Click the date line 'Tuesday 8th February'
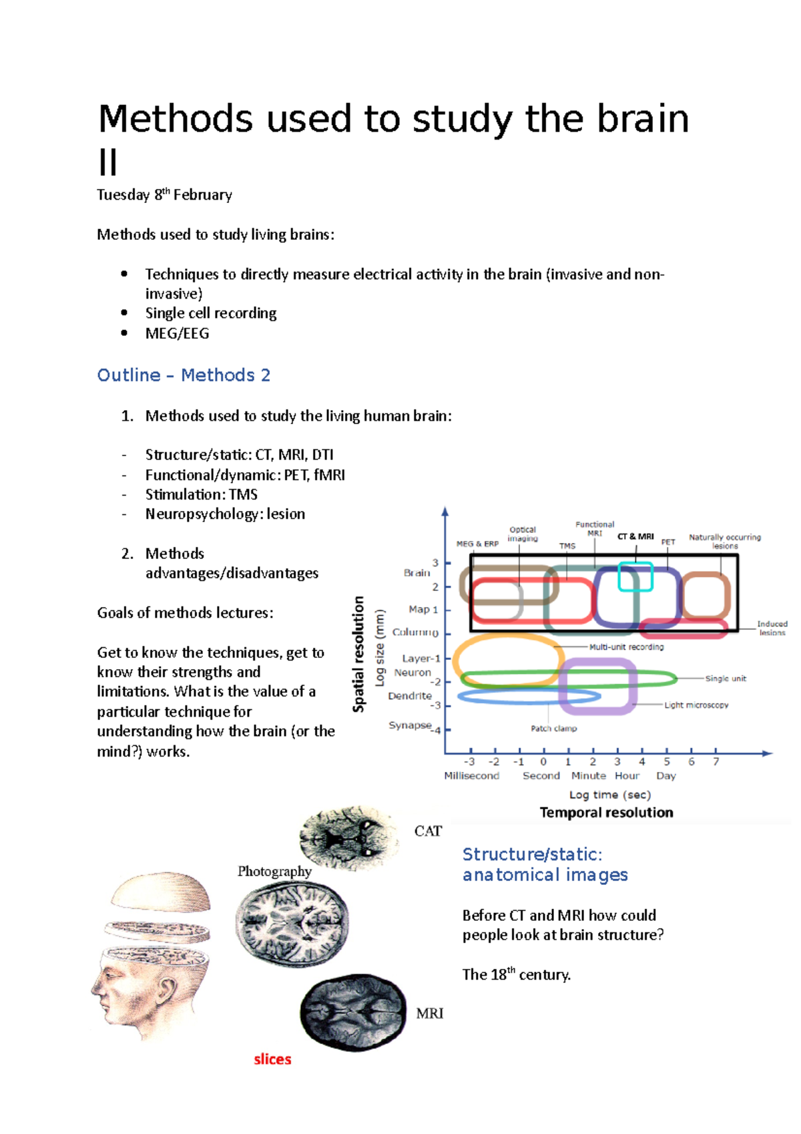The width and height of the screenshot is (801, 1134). tap(164, 195)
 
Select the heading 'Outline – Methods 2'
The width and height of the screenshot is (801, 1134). tap(184, 375)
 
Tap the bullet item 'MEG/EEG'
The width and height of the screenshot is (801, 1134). tap(177, 333)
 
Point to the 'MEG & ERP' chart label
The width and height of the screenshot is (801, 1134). tap(477, 544)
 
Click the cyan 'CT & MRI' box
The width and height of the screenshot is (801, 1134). tap(635, 576)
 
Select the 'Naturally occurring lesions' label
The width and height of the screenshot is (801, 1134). tap(724, 541)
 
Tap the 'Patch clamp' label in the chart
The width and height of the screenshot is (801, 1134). tap(553, 728)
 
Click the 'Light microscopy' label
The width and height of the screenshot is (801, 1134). tap(696, 705)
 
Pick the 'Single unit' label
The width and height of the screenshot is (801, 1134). tap(726, 678)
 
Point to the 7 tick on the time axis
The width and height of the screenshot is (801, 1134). tap(716, 761)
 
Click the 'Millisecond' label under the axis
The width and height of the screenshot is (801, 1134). tap(471, 775)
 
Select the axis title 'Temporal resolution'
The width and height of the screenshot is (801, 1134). tap(606, 812)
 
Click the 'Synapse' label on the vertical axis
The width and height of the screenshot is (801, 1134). tap(410, 725)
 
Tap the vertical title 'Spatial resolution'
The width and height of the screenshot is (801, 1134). tap(358, 654)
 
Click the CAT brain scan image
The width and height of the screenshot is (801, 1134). tap(349, 837)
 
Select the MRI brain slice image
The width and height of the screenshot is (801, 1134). tap(352, 1011)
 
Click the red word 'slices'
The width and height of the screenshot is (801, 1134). tap(272, 1059)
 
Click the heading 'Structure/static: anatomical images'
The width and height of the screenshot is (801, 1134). tap(545, 864)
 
